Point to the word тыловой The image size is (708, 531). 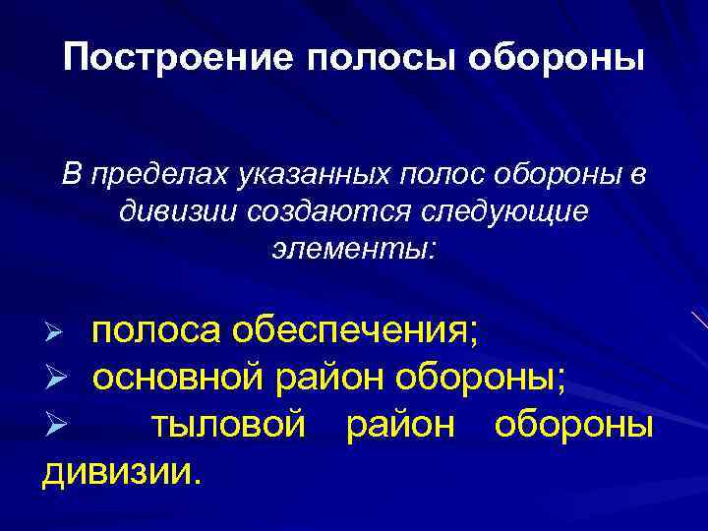click(231, 426)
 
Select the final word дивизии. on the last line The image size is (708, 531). click(121, 472)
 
